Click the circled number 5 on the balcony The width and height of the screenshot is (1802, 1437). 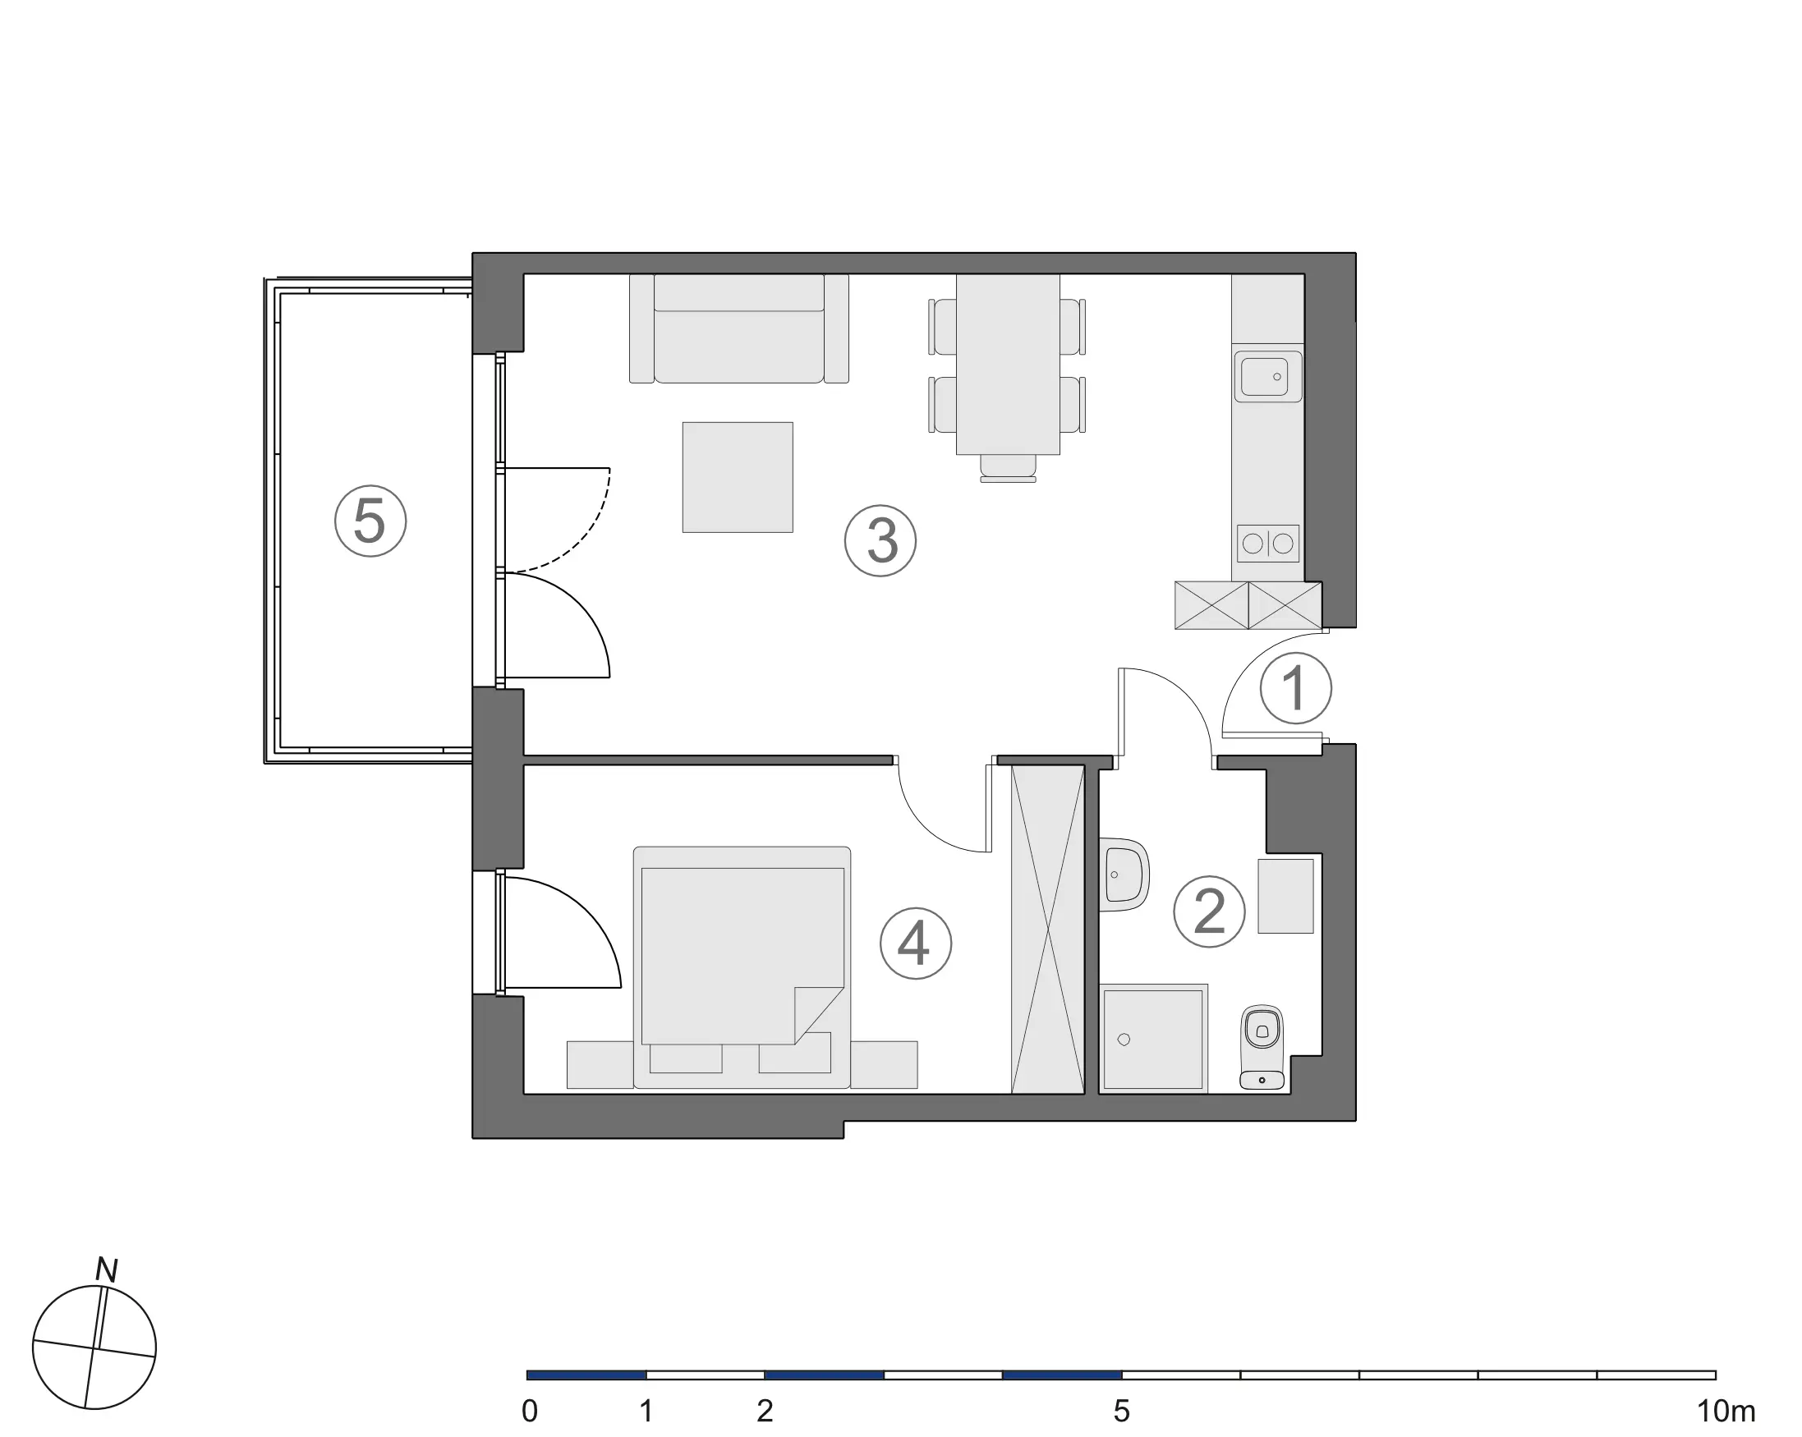[370, 521]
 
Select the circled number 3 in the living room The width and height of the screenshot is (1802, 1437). [880, 540]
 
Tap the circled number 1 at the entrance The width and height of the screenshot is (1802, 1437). [1295, 688]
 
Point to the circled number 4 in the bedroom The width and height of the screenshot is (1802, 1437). [916, 943]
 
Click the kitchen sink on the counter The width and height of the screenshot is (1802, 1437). [1268, 377]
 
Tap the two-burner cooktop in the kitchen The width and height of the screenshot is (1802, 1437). [1268, 544]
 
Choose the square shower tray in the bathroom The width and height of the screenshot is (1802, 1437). [1152, 1039]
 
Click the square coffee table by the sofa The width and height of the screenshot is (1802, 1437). [738, 477]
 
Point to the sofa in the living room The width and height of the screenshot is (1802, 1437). [739, 328]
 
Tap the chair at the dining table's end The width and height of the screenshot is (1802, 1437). [1008, 468]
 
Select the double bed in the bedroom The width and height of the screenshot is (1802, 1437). [742, 967]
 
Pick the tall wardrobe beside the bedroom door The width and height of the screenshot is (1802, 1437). [1048, 929]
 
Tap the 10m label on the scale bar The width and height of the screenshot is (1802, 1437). [1726, 1411]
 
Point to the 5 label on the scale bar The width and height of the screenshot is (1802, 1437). [1122, 1411]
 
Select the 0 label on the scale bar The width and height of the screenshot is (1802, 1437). [529, 1411]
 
